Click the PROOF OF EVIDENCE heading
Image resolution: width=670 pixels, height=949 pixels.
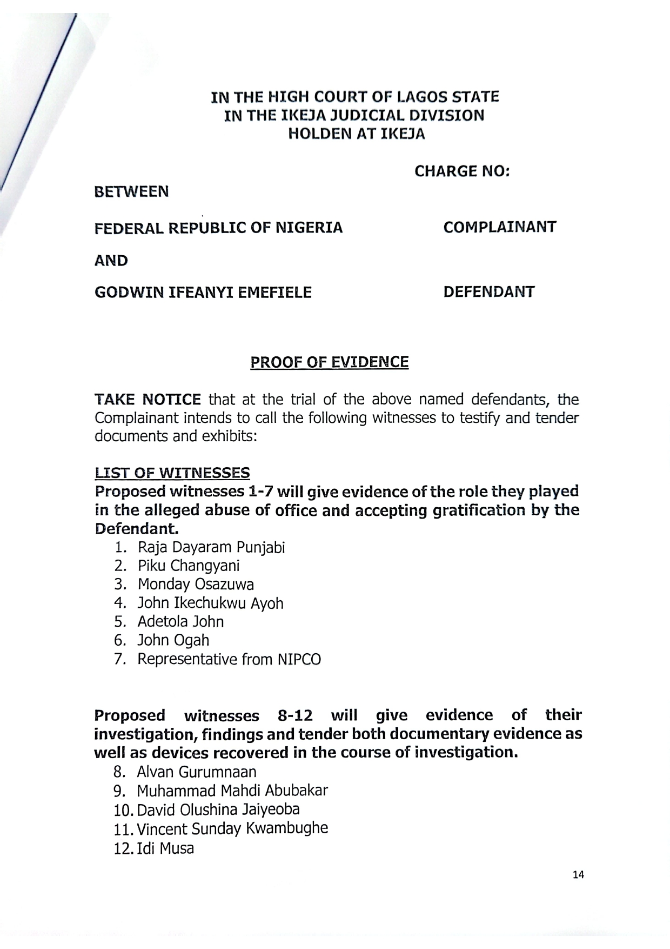click(x=329, y=362)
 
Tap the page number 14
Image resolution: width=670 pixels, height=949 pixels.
click(x=578, y=874)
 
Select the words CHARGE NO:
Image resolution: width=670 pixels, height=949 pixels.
click(x=462, y=171)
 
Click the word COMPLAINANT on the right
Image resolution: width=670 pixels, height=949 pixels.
click(x=499, y=227)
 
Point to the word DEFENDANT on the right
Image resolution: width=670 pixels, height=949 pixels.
click(x=488, y=293)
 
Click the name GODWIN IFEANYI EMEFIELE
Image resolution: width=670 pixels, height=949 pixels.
click(x=203, y=293)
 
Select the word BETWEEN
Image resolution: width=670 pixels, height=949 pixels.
click(x=131, y=191)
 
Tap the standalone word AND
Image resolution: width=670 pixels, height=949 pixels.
click(x=111, y=261)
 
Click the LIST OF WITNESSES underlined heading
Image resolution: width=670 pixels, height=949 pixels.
click(x=172, y=474)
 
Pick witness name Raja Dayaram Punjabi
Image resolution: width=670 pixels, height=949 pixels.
click(x=211, y=548)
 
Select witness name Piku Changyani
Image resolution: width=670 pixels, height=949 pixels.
click(x=188, y=566)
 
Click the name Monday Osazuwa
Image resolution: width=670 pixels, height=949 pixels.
click(x=196, y=585)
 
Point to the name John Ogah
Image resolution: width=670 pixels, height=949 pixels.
click(x=173, y=640)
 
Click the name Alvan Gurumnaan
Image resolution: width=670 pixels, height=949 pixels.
click(x=197, y=772)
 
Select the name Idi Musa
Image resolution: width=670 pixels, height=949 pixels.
click(x=165, y=848)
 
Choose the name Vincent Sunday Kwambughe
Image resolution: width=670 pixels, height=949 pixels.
click(x=232, y=828)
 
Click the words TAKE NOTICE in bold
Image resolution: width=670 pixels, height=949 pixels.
click(x=148, y=400)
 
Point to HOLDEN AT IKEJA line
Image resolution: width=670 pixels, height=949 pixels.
click(x=357, y=134)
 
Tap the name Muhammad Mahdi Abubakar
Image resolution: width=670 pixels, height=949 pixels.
click(x=232, y=791)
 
